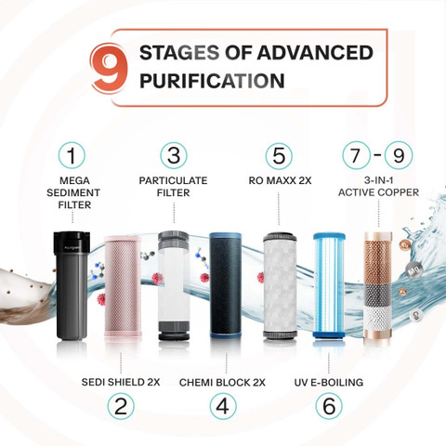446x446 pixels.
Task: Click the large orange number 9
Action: click(x=109, y=69)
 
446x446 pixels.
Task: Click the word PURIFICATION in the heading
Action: click(x=212, y=81)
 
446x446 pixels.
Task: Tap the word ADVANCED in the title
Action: click(x=315, y=53)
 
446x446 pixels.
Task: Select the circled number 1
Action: click(x=72, y=155)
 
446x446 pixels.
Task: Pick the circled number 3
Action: click(x=174, y=155)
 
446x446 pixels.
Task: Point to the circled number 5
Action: click(x=279, y=155)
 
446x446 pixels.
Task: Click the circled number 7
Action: click(x=356, y=155)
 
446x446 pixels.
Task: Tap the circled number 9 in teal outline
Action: click(x=399, y=155)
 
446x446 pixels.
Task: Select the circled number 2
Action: click(x=121, y=406)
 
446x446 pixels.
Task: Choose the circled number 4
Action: click(x=223, y=406)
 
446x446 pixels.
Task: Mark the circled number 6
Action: click(x=329, y=406)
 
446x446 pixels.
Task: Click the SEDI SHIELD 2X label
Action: click(x=121, y=382)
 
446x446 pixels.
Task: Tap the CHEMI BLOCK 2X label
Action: click(x=222, y=383)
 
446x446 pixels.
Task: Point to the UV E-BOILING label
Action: click(x=329, y=383)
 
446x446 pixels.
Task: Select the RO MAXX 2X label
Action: click(x=280, y=180)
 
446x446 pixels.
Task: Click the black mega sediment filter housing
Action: click(x=72, y=285)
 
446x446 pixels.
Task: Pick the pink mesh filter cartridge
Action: click(x=123, y=286)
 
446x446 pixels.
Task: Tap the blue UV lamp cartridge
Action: click(x=329, y=285)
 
